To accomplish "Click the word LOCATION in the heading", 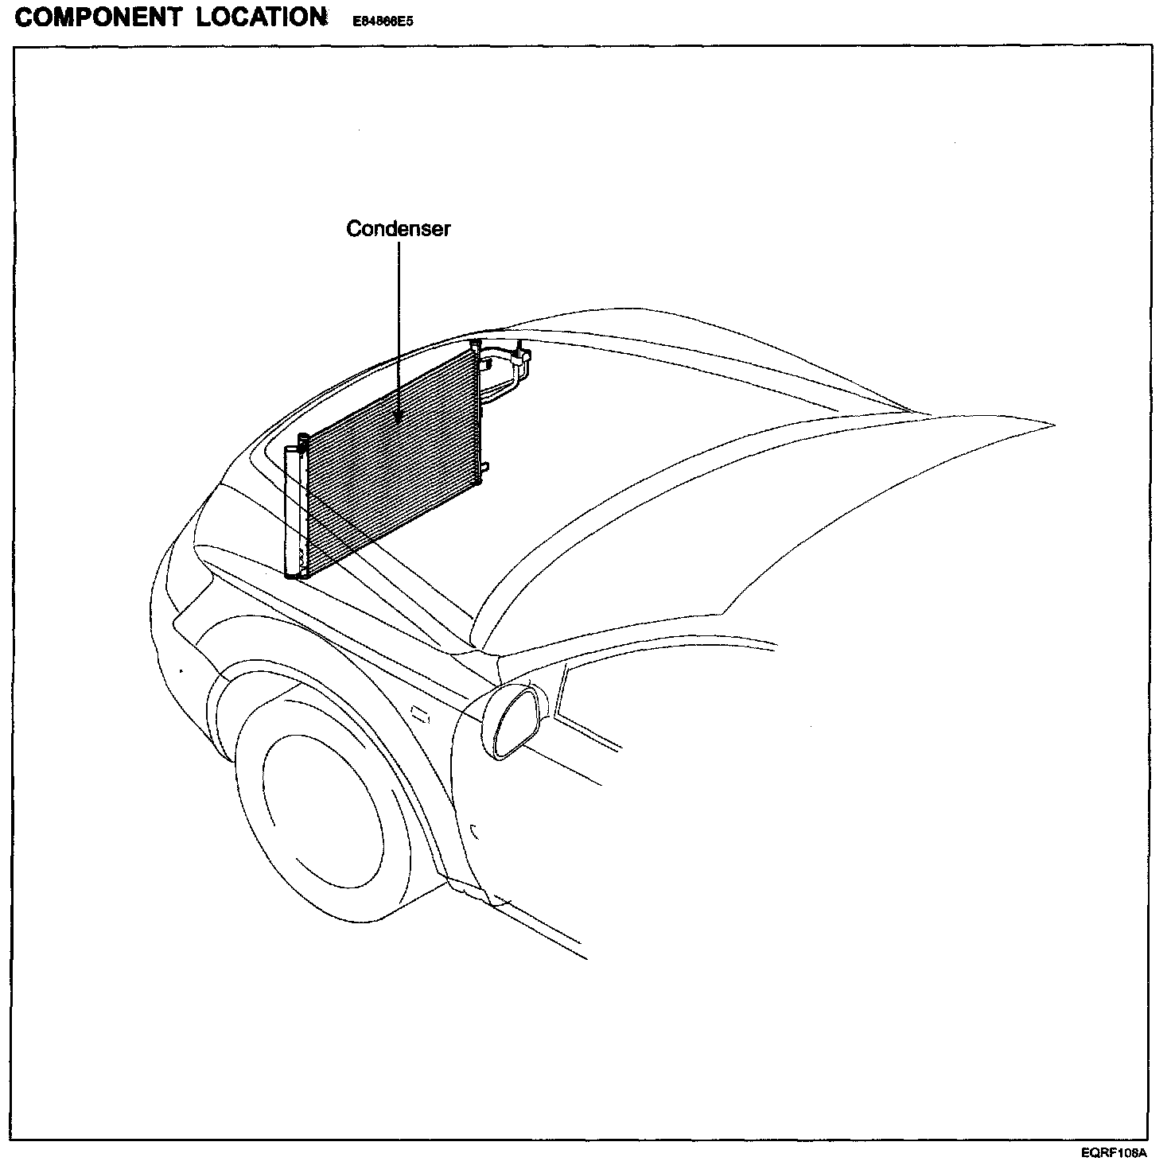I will (x=262, y=17).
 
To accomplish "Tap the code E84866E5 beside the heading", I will (x=383, y=22).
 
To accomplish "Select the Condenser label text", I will (x=398, y=229).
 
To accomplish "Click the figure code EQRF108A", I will (x=1114, y=1152).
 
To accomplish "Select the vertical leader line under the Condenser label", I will (x=398, y=326).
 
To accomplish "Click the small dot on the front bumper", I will (x=183, y=670).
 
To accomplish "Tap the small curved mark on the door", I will (x=474, y=833).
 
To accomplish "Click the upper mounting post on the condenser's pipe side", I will (x=476, y=346).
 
